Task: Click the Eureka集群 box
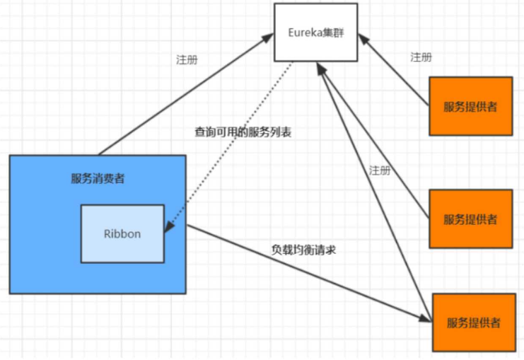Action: pyautogui.click(x=317, y=32)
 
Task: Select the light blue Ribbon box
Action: pyautogui.click(x=122, y=233)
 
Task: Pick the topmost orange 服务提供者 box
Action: pyautogui.click(x=470, y=106)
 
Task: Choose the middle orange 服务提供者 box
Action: pyautogui.click(x=470, y=219)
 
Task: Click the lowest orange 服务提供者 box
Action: pyautogui.click(x=473, y=322)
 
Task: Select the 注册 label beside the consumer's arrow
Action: pyautogui.click(x=187, y=59)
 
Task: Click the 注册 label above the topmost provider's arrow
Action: pyautogui.click(x=421, y=57)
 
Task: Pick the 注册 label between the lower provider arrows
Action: pyautogui.click(x=380, y=170)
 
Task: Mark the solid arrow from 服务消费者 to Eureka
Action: pyautogui.click(x=184, y=95)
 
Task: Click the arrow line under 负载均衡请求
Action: pyautogui.click(x=304, y=272)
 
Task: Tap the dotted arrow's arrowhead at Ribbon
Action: pyautogui.click(x=168, y=228)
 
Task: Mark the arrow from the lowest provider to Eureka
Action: pyautogui.click(x=375, y=184)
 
